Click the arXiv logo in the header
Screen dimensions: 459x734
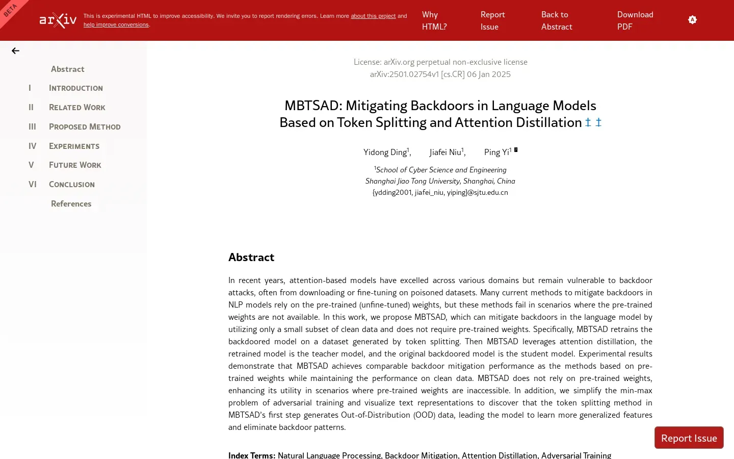[x=58, y=20]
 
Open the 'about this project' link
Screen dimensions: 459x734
[x=373, y=16]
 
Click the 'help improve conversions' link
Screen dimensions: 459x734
[x=116, y=24]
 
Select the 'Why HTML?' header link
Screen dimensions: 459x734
[x=434, y=20]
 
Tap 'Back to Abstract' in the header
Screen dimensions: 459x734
[x=556, y=20]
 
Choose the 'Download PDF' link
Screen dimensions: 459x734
[x=635, y=20]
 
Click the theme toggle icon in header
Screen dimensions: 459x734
[x=692, y=20]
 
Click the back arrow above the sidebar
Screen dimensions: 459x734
[x=15, y=50]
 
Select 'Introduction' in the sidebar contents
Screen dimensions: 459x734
[x=75, y=88]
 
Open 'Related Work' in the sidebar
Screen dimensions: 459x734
[x=77, y=108]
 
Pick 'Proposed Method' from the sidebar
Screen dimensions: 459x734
[x=85, y=127]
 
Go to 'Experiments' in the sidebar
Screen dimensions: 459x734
[x=74, y=146]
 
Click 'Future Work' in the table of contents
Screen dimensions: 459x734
[x=75, y=165]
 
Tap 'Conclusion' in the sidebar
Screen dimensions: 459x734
[x=71, y=185]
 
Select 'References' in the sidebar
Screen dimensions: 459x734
[x=71, y=204]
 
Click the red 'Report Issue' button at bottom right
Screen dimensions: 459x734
[x=689, y=438]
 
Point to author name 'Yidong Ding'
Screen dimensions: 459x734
[x=385, y=152]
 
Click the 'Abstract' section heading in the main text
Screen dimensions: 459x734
[x=251, y=258]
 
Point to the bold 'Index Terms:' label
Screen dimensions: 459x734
[x=252, y=455]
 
